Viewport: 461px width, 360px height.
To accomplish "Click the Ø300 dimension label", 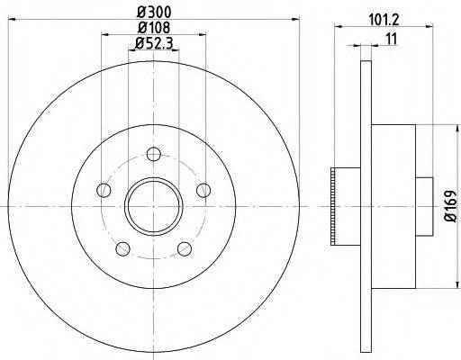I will (x=152, y=12).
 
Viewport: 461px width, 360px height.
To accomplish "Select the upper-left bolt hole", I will (x=104, y=189).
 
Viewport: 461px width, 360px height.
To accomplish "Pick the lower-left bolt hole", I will (x=122, y=247).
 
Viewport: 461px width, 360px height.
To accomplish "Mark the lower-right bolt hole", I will (x=185, y=247).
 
